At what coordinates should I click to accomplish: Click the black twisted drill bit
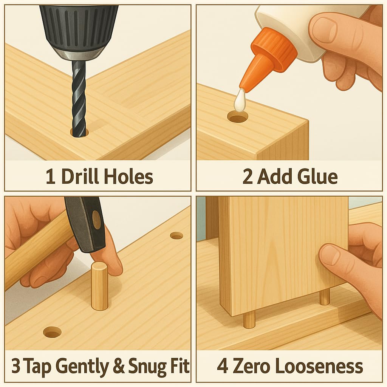tap(79, 98)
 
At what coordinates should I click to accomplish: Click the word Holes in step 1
tap(128, 177)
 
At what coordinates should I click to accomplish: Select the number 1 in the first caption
tap(50, 177)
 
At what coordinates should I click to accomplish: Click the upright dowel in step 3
tap(99, 286)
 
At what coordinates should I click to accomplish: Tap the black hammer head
tap(85, 224)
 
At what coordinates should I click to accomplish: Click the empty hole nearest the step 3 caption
tap(52, 332)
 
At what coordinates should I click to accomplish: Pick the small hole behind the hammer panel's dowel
tap(177, 236)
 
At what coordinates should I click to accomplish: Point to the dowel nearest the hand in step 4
tap(325, 297)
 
